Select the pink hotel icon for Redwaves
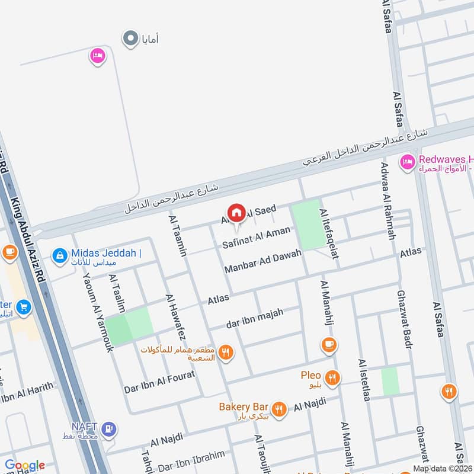[x=407, y=162]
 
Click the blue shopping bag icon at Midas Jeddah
[x=59, y=255]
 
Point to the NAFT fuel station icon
[x=108, y=428]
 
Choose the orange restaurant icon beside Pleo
[x=333, y=377]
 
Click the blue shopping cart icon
[x=23, y=307]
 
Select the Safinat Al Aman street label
[x=257, y=237]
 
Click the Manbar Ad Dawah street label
[x=263, y=261]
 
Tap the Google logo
[x=25, y=466]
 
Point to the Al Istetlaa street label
[x=364, y=380]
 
